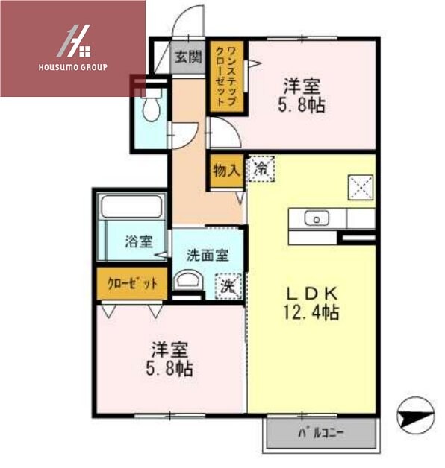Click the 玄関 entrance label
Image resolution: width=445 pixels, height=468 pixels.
point(188,57)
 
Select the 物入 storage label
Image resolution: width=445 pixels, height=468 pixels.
point(225,171)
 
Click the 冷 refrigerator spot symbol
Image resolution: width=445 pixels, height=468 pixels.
point(261,168)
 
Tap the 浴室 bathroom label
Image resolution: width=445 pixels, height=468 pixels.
point(138,241)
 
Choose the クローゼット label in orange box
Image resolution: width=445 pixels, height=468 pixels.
point(132,283)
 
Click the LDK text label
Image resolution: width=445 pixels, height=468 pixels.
point(310,292)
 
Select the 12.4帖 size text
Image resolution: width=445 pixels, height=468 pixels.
point(310,312)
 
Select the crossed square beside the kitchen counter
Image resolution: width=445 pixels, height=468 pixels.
point(361,186)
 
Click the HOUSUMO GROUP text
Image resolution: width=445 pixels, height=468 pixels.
point(72,67)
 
